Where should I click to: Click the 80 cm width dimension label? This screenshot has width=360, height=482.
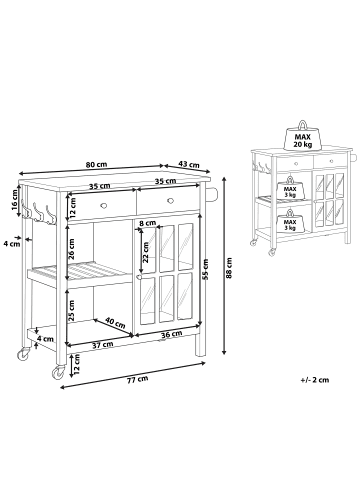coord(96,164)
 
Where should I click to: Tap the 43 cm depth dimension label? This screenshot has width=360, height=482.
coord(189,164)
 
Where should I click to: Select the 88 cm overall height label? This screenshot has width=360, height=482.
coord(229,269)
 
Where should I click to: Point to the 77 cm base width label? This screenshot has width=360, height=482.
coord(137,379)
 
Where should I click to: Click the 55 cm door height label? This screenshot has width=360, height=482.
coord(206,269)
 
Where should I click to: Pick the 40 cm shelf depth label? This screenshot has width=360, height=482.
coord(115,322)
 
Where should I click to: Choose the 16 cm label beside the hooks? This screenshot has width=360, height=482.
coord(14,200)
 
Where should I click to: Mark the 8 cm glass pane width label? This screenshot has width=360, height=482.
coord(148,223)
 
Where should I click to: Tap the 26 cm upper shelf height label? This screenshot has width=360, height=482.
coord(71,249)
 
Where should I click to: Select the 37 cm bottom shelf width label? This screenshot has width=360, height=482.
coord(103,345)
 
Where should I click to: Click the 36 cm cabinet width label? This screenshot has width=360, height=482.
coord(171,334)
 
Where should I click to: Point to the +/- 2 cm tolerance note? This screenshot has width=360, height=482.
coord(314,380)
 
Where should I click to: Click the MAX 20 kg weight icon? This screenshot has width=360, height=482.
coord(302,136)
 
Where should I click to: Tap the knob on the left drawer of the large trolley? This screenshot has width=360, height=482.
coord(104,205)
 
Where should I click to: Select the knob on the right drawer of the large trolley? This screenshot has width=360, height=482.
coord(171,200)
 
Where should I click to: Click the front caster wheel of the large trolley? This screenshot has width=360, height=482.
coord(58,372)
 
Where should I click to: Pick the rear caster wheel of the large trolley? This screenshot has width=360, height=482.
coord(23,354)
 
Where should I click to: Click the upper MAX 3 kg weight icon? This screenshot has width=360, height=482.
coord(290,188)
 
